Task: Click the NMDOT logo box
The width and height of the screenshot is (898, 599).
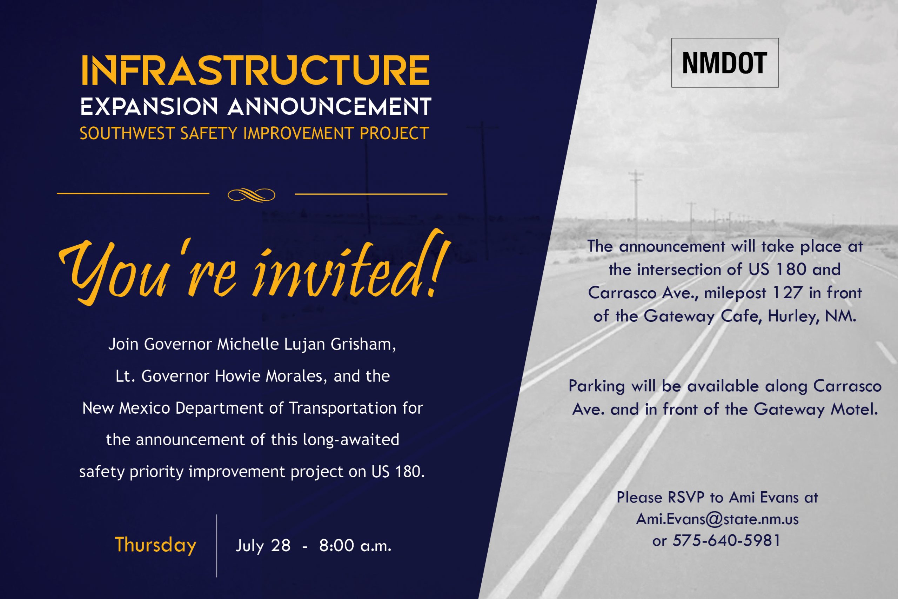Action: (725, 63)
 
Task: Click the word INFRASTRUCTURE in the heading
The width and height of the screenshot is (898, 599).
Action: (255, 70)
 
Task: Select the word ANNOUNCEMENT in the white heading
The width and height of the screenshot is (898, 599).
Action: (329, 106)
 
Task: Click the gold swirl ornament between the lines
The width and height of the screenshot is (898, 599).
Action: (252, 195)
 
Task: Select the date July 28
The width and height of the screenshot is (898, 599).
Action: (263, 546)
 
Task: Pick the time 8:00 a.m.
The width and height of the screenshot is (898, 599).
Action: (355, 546)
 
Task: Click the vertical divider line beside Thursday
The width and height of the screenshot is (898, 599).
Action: (217, 546)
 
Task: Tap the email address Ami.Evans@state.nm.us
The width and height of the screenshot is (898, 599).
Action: (717, 519)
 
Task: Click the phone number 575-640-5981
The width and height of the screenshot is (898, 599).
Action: (726, 540)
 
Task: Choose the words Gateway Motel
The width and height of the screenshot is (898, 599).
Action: (816, 410)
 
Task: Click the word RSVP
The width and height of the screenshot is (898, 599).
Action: (686, 497)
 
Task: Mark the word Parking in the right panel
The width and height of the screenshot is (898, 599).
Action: (596, 386)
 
